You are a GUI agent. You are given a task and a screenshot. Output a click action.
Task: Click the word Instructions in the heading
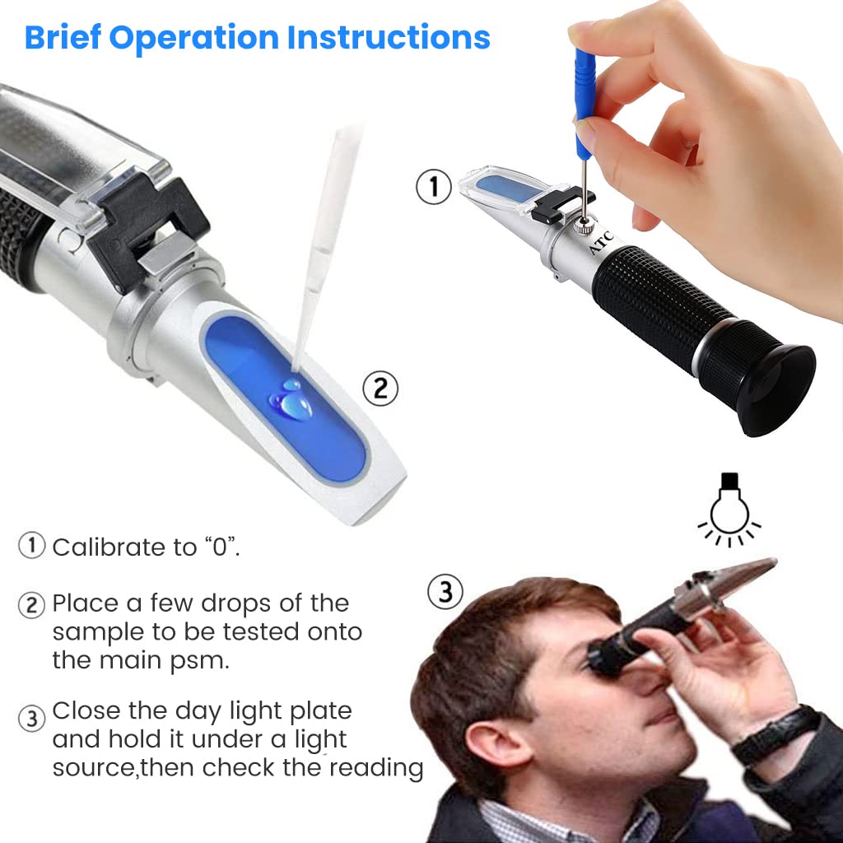pos(389,38)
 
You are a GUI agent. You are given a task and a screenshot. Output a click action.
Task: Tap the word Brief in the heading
pos(63,38)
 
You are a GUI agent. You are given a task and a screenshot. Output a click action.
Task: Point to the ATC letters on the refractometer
pos(600,243)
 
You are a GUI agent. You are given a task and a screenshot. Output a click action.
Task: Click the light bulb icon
pos(729,509)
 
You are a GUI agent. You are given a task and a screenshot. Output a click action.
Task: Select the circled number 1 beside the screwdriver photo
pos(433,187)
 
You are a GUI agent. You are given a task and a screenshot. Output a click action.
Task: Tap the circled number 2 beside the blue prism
pos(380,389)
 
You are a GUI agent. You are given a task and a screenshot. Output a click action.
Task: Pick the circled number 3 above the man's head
pos(445,591)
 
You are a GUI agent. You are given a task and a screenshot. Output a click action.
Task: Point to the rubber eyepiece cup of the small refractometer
pos(774,389)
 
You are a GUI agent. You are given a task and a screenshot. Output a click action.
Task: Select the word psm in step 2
pos(199,661)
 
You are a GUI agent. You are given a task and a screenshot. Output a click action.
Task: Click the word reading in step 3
pos(375,768)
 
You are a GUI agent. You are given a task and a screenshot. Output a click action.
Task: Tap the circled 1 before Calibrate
pos(32,546)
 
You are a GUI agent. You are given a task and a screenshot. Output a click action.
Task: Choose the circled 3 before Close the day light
pos(32,719)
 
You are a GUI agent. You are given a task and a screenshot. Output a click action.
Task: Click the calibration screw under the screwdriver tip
pos(583,224)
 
